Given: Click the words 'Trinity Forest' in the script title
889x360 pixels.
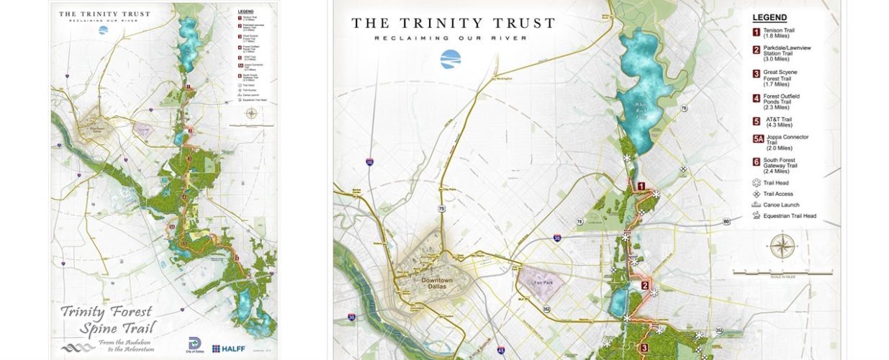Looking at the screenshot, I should tap(107, 312).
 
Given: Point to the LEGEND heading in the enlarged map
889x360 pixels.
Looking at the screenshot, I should tap(770, 18).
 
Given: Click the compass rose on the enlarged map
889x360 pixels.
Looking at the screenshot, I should tap(782, 246).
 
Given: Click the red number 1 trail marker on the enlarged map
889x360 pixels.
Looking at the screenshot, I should tap(641, 186).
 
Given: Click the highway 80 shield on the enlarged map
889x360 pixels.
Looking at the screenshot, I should tap(726, 221).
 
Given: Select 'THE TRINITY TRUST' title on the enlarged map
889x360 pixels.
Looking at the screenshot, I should tap(453, 23).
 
